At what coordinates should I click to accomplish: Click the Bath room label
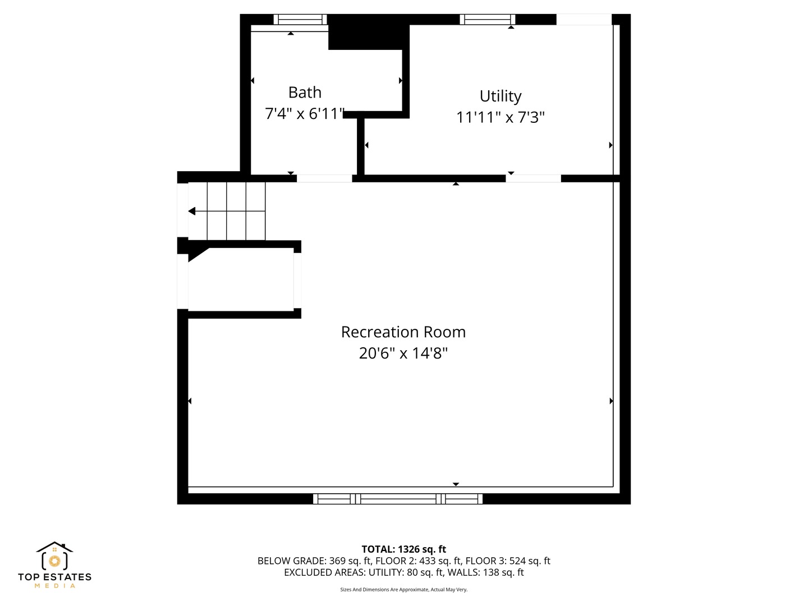[305, 93]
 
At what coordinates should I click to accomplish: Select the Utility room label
[501, 96]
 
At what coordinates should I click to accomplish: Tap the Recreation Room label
[403, 332]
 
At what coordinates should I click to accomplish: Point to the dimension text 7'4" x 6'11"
[305, 114]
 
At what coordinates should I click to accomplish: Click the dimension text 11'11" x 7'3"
[501, 117]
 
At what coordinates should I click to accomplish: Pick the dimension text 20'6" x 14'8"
[403, 353]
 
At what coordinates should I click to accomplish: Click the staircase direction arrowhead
[192, 211]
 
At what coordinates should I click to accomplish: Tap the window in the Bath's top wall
[300, 19]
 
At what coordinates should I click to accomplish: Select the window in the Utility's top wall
[488, 19]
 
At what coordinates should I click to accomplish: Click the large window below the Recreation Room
[398, 499]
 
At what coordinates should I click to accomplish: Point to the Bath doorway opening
[324, 178]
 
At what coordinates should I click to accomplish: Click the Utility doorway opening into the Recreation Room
[533, 178]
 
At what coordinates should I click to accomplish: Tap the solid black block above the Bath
[369, 32]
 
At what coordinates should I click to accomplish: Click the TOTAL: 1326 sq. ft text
[404, 549]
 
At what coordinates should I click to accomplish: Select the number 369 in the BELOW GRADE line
[337, 561]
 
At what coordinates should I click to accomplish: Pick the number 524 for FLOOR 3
[517, 561]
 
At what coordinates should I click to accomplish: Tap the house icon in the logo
[54, 555]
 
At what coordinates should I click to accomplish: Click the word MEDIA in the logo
[54, 586]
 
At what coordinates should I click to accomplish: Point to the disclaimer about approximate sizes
[404, 589]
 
